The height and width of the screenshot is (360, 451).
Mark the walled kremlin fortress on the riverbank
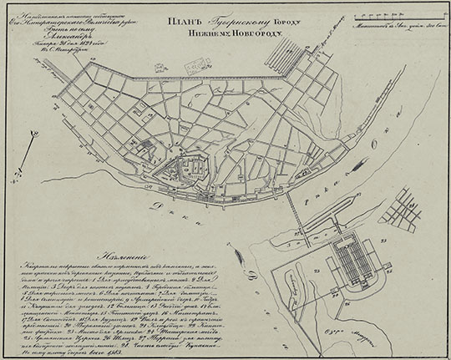click(190, 172)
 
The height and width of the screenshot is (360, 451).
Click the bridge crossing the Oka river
click(290, 208)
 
